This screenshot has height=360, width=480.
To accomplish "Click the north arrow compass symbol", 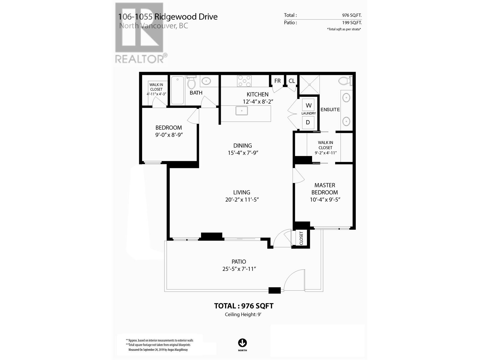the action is (x=242, y=343).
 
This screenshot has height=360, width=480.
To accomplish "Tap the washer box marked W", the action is (x=308, y=105).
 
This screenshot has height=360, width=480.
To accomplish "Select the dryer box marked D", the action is (x=308, y=122).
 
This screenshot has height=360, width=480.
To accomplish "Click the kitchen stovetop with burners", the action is (x=244, y=81).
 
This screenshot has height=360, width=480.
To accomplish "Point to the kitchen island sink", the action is (x=241, y=111).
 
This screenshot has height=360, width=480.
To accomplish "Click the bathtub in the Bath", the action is (x=177, y=90).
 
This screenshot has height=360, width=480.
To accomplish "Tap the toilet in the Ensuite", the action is (x=345, y=81).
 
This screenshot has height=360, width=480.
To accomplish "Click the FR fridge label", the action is (x=277, y=81).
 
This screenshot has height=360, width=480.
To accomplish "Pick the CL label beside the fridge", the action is (x=292, y=81).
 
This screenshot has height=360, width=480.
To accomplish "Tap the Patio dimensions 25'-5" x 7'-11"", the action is (x=239, y=269).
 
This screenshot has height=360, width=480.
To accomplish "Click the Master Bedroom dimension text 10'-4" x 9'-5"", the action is (x=325, y=199).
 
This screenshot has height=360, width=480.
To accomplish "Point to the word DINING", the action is (x=242, y=145).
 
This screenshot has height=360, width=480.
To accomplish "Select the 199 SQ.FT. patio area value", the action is (x=352, y=22).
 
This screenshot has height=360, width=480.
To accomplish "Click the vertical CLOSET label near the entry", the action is (x=301, y=238).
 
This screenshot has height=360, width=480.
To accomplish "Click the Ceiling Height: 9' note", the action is (x=243, y=314).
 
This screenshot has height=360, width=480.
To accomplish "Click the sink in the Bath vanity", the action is (x=206, y=81).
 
